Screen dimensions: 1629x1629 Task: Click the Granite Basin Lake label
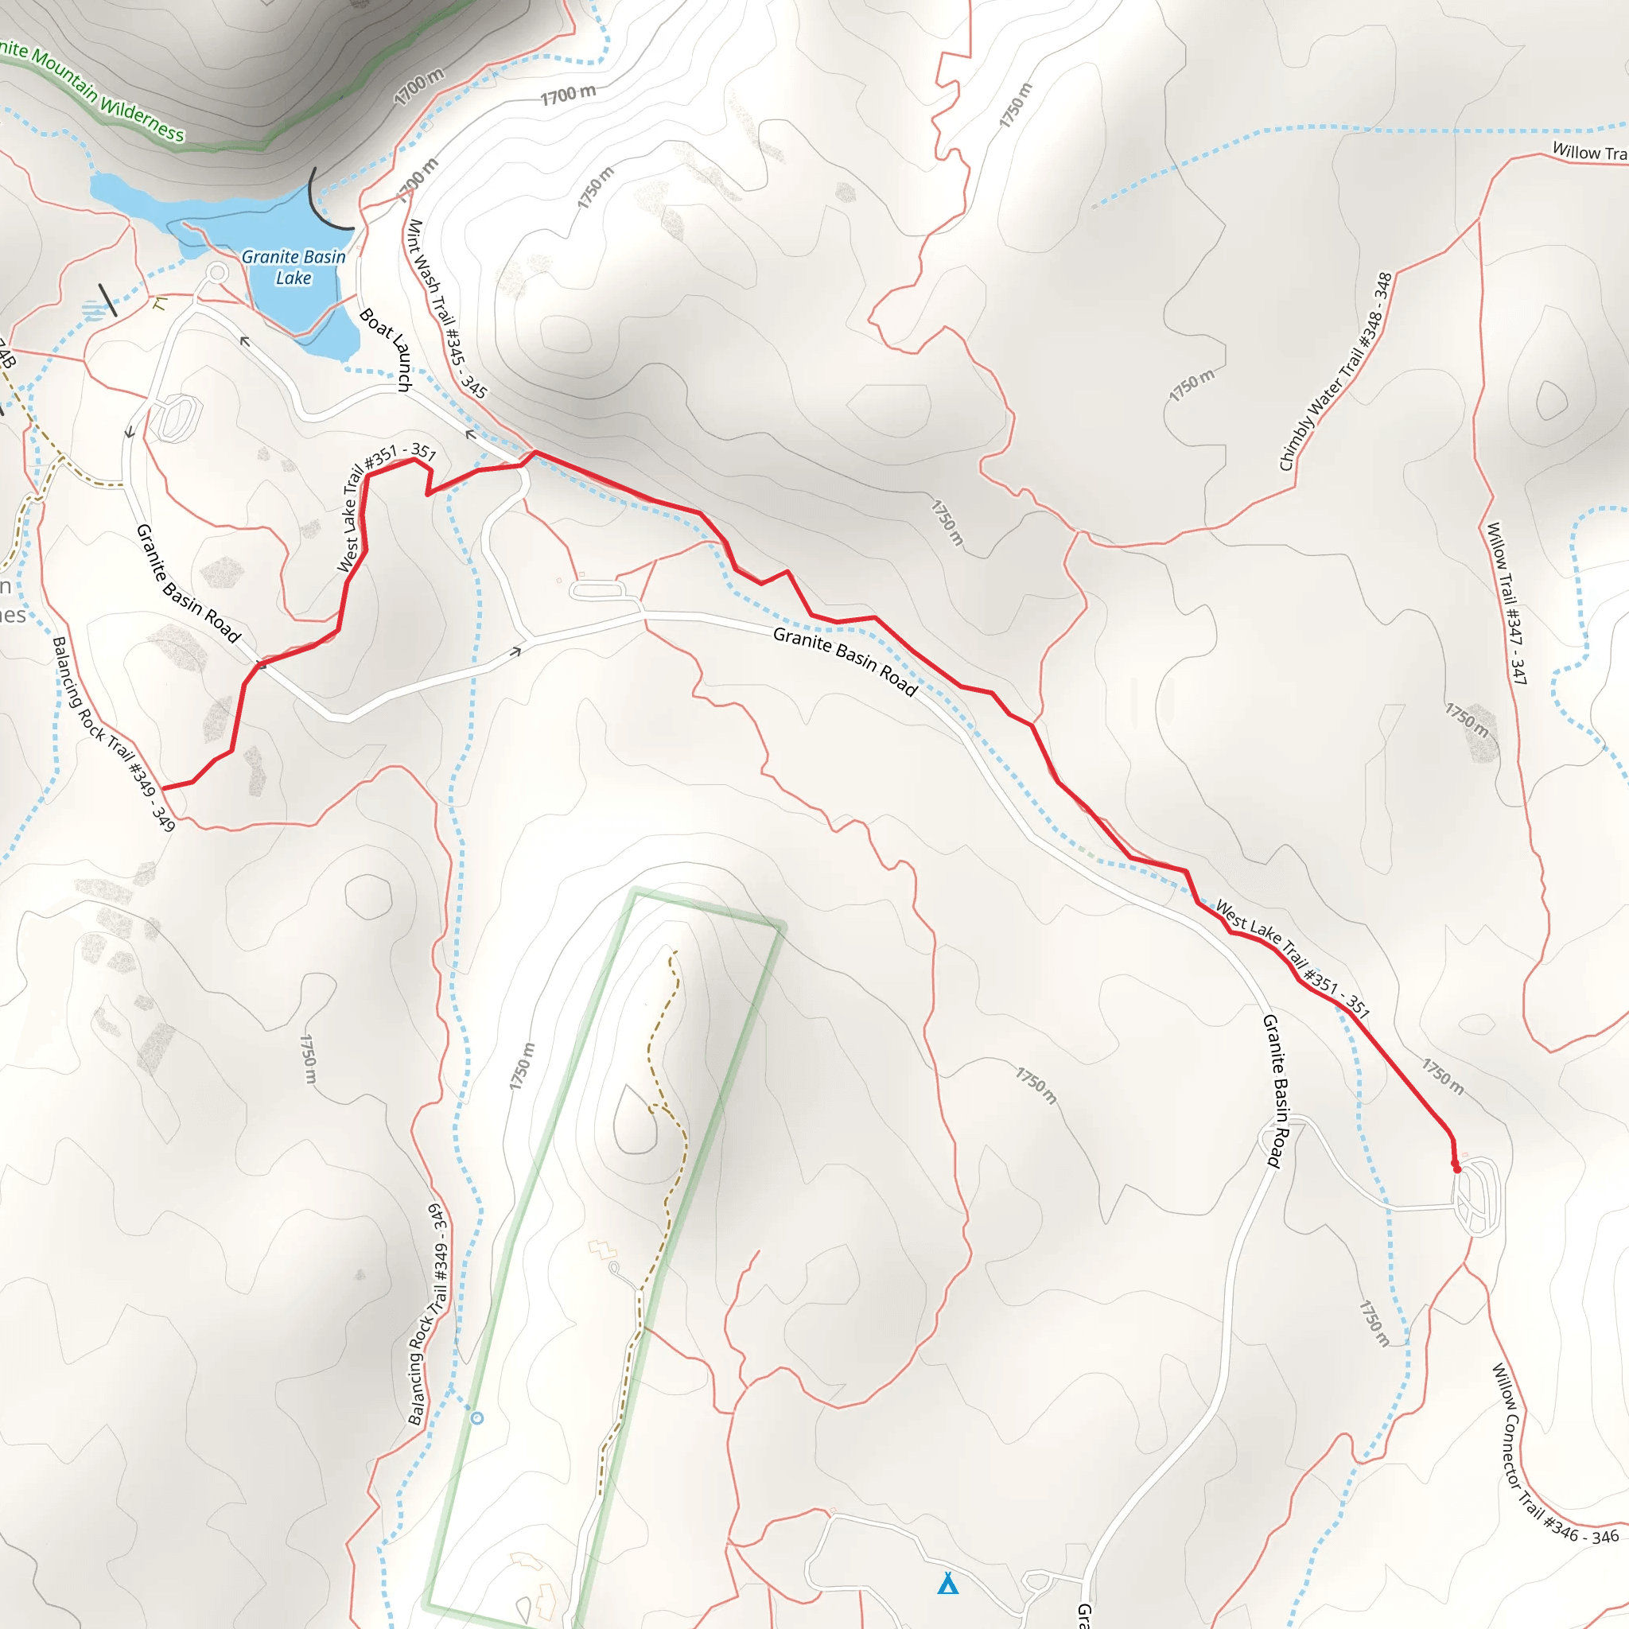[294, 266]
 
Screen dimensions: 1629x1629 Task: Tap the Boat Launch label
[386, 349]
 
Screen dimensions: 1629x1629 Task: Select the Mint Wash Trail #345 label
[446, 309]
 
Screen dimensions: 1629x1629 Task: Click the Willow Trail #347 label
[1507, 603]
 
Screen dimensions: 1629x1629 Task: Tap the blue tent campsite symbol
[947, 1584]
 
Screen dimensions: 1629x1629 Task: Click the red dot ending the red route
[1456, 1168]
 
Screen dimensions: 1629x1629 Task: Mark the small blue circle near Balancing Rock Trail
[477, 1418]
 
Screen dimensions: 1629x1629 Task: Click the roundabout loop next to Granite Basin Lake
[217, 272]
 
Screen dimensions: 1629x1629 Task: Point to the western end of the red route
[163, 788]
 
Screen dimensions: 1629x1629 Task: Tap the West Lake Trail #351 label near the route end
[1293, 958]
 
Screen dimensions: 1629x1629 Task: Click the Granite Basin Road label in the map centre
[845, 660]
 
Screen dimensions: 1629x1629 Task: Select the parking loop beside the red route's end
[1477, 1197]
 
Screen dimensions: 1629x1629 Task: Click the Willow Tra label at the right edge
[1588, 153]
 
